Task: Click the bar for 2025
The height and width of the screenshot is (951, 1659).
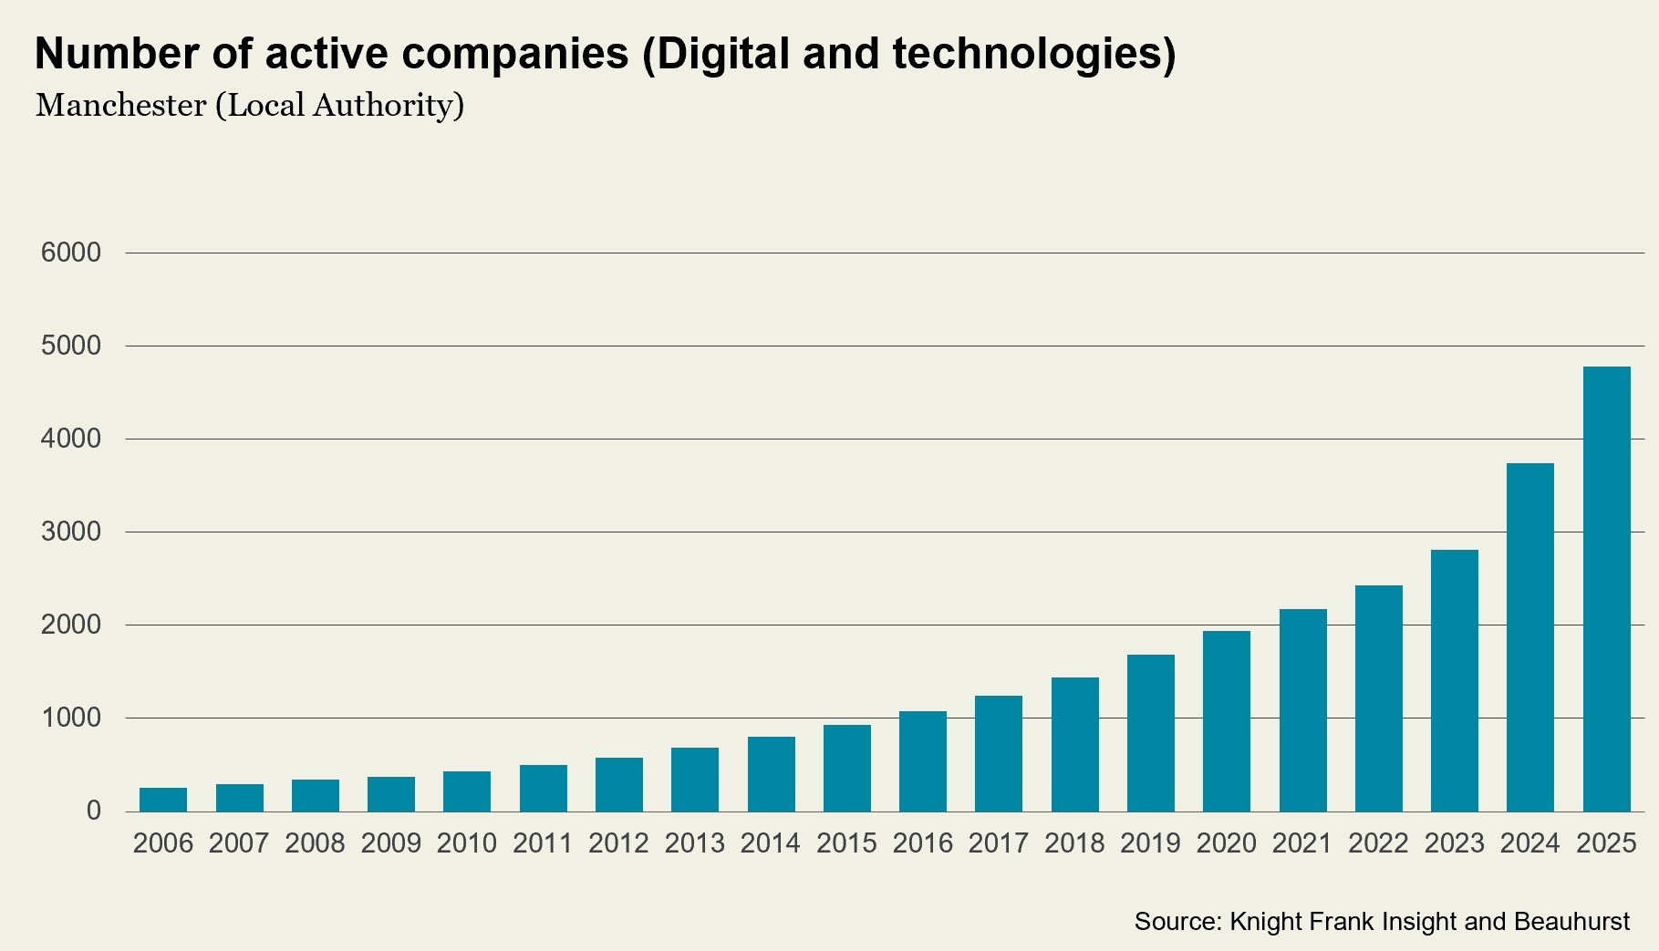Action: [x=1606, y=589]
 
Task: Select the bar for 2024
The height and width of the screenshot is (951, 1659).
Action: [x=1530, y=637]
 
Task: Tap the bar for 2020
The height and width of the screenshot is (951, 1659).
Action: [x=1227, y=721]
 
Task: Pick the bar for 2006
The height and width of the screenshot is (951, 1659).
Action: [x=163, y=800]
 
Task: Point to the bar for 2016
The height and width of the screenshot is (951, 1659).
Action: [x=923, y=761]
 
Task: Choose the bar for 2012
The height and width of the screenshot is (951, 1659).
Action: [x=619, y=784]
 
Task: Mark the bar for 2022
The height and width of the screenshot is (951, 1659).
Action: [x=1378, y=698]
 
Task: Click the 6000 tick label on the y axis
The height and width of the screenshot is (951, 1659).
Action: [x=71, y=253]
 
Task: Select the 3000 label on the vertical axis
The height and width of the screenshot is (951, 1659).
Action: [x=71, y=532]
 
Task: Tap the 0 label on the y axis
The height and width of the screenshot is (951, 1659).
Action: [x=93, y=811]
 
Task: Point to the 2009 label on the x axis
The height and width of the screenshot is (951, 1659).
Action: [x=391, y=843]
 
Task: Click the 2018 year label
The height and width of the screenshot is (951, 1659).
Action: [x=1074, y=843]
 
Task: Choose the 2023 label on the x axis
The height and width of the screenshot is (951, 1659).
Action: [x=1454, y=843]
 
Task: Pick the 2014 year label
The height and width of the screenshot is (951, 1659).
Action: [x=771, y=843]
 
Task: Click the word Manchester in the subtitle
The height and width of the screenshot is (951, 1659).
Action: [x=121, y=106]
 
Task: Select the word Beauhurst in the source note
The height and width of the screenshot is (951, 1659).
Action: [x=1571, y=922]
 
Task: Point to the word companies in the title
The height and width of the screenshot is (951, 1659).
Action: [x=514, y=54]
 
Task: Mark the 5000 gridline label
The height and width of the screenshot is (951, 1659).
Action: [x=71, y=346]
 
